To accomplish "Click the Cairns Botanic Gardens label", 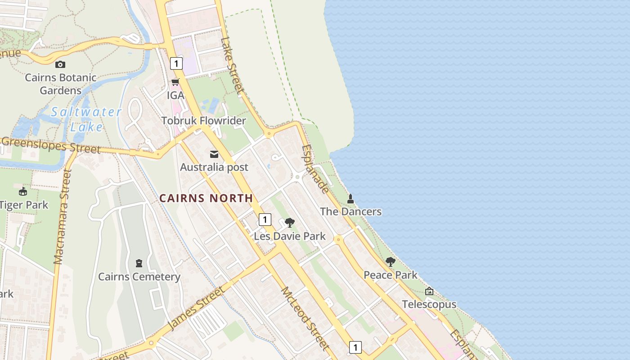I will coord(60,84).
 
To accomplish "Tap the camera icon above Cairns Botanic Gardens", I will coord(60,64).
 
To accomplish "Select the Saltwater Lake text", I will coord(86,119).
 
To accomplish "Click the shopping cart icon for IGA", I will coord(175,82).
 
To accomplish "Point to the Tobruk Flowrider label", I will coord(203,121).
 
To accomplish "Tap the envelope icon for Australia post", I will coord(214,154).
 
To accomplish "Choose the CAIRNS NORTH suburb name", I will coord(206,198).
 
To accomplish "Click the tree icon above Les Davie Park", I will coord(290,222).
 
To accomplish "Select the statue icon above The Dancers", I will coord(351,198).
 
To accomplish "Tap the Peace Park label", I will coord(391,275).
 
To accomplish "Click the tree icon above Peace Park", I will coord(391,262).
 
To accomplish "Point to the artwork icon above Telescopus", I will coord(429,291).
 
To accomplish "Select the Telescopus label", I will coord(429,305).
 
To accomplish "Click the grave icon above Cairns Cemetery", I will coord(139,263).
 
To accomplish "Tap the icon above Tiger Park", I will coord(23,192).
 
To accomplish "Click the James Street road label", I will coord(196,308).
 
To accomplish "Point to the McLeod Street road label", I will coord(305,319).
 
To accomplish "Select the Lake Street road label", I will coord(232,65).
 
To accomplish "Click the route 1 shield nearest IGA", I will coord(176,63).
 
